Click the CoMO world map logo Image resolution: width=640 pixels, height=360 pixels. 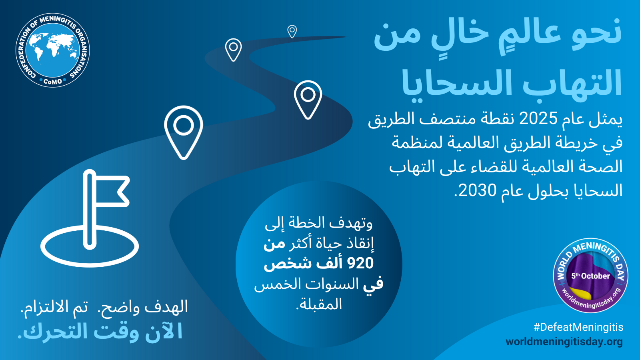[52, 50]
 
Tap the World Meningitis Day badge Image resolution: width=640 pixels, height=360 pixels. [590, 276]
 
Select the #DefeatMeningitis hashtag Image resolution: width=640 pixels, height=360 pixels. [578, 327]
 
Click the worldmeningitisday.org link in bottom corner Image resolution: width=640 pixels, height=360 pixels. [564, 342]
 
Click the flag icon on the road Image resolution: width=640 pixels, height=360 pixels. [90, 218]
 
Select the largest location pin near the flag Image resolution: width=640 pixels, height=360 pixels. [184, 132]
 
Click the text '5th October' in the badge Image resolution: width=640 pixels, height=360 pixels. [590, 276]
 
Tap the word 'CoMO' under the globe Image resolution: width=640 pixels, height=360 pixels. [52, 82]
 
